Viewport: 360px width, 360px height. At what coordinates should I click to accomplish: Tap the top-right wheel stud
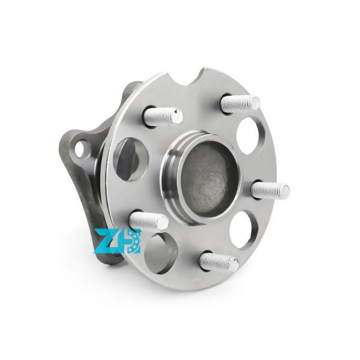pos(239,103)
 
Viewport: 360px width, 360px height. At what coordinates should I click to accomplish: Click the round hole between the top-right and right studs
pos(248,135)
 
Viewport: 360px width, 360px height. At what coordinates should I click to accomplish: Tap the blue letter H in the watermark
pos(133,241)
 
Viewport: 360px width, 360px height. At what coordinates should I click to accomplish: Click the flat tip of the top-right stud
pos(255,103)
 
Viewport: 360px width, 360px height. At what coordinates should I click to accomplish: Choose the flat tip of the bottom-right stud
pos(233,265)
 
